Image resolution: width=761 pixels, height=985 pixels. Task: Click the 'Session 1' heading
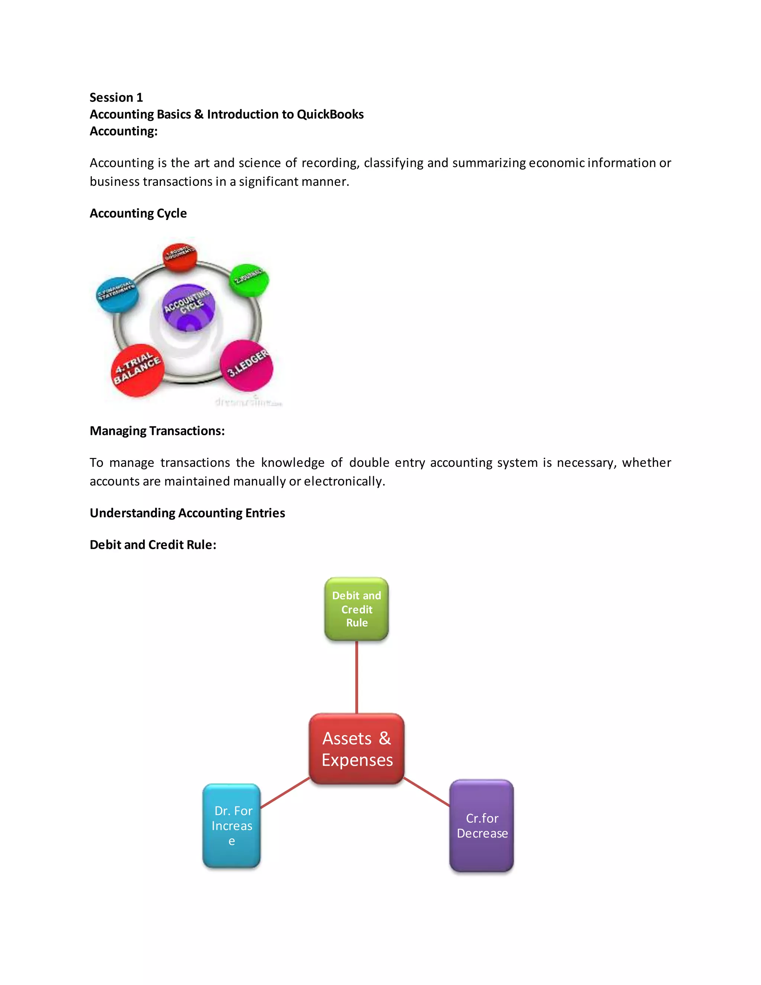pyautogui.click(x=116, y=97)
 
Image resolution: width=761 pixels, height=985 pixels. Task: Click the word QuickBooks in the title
pyautogui.click(x=330, y=114)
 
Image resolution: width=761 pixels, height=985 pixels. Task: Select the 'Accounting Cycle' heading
pyautogui.click(x=138, y=213)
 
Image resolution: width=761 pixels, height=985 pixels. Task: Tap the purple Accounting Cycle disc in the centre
pyautogui.click(x=188, y=307)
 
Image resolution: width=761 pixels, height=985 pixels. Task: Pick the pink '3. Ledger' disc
pyautogui.click(x=247, y=366)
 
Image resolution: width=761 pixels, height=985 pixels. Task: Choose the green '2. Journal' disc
pyautogui.click(x=249, y=280)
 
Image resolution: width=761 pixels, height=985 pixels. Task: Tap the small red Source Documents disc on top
pyautogui.click(x=180, y=256)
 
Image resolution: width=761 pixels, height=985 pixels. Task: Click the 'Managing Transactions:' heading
pyautogui.click(x=157, y=431)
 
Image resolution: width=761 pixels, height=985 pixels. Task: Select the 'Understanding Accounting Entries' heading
pyautogui.click(x=187, y=513)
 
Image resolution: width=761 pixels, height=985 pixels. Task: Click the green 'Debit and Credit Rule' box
pyautogui.click(x=357, y=609)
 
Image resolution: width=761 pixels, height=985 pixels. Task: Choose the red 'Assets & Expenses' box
pyautogui.click(x=357, y=749)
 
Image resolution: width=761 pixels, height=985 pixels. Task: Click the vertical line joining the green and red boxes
pyautogui.click(x=357, y=676)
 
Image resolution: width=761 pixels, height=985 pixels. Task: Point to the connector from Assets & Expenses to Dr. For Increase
pyautogui.click(x=285, y=792)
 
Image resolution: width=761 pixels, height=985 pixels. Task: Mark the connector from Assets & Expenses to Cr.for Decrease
pyautogui.click(x=427, y=791)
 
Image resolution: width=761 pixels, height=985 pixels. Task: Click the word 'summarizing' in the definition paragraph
pyautogui.click(x=489, y=163)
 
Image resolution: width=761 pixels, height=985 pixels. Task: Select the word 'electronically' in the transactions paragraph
pyautogui.click(x=344, y=482)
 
